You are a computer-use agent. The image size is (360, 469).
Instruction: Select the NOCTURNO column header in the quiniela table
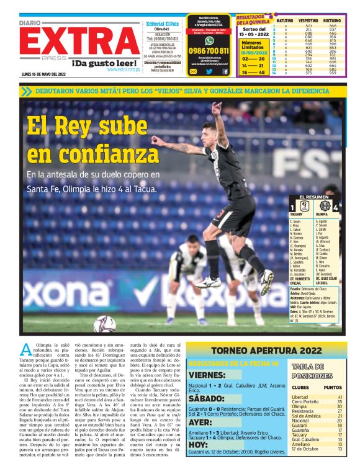click(x=334, y=20)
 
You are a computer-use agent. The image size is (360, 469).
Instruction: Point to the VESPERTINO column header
click(x=308, y=20)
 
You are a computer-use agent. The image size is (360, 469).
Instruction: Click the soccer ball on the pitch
click(x=104, y=324)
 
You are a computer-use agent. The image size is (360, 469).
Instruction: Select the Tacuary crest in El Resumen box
click(x=305, y=206)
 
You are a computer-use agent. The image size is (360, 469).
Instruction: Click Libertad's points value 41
click(x=340, y=397)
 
